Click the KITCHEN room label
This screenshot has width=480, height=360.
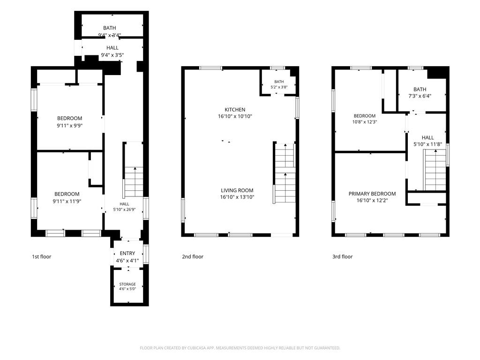[x=235, y=110]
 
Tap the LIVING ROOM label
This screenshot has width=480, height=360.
[x=237, y=190]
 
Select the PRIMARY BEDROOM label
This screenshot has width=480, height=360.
[x=372, y=194]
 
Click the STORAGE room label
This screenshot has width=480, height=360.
[x=127, y=284]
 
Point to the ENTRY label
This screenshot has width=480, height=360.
[x=127, y=253]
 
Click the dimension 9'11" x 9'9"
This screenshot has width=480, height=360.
[x=69, y=126]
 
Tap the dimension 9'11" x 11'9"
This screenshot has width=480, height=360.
[x=67, y=201]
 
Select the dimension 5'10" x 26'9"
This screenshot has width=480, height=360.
[x=124, y=210]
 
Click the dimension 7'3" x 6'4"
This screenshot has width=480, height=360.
[x=420, y=96]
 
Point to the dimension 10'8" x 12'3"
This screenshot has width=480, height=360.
[x=364, y=121]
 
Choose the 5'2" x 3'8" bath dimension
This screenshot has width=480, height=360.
[x=279, y=87]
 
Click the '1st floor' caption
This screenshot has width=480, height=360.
[x=42, y=256]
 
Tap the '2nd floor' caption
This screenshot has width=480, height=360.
[x=193, y=256]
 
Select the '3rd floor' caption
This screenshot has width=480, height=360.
[x=342, y=256]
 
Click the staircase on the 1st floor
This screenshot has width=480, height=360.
[x=134, y=182]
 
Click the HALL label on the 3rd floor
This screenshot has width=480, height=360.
[x=427, y=137]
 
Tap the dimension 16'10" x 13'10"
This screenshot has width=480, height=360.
[x=237, y=197]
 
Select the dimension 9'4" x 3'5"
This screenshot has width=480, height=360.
[x=112, y=55]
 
